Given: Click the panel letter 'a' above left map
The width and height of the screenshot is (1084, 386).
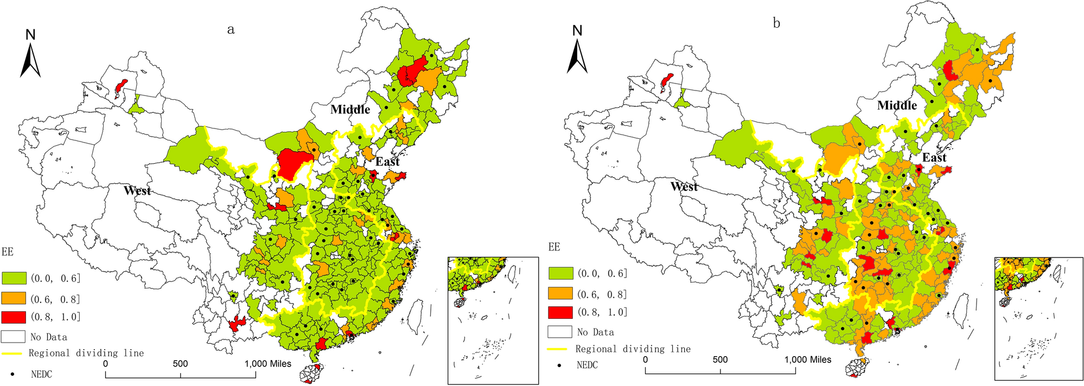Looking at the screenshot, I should pyautogui.click(x=231, y=30).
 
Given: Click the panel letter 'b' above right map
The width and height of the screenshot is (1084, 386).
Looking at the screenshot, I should pyautogui.click(x=776, y=24).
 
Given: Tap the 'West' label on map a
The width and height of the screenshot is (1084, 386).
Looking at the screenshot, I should pyautogui.click(x=137, y=190).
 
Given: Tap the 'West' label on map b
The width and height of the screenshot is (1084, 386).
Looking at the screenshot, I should pyautogui.click(x=684, y=186).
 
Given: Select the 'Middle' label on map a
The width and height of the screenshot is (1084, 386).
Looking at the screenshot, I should pyautogui.click(x=350, y=110).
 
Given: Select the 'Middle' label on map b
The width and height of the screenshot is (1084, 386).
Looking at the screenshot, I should pyautogui.click(x=897, y=105).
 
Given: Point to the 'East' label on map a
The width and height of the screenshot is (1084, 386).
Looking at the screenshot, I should pyautogui.click(x=387, y=162).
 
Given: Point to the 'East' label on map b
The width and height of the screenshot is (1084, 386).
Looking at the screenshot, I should pyautogui.click(x=934, y=158).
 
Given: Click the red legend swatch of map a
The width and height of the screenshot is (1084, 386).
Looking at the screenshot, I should pyautogui.click(x=14, y=317).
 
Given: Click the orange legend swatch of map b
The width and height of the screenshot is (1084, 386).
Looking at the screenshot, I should pyautogui.click(x=560, y=294).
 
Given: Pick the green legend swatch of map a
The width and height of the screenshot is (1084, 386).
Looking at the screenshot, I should pyautogui.click(x=14, y=278).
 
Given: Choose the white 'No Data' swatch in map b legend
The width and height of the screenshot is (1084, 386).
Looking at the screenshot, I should pyautogui.click(x=560, y=332).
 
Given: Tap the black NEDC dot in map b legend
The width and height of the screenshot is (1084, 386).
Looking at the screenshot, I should pyautogui.click(x=559, y=365).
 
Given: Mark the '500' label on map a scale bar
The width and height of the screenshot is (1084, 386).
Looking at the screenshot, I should pyautogui.click(x=180, y=364).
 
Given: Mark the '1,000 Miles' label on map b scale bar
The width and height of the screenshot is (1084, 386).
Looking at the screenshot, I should pyautogui.click(x=808, y=359).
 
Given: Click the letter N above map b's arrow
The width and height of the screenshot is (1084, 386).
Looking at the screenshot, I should pyautogui.click(x=577, y=31).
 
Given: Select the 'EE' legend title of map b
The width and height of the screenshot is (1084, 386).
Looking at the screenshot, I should pyautogui.click(x=554, y=247).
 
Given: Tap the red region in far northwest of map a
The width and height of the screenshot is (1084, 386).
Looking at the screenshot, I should pyautogui.click(x=122, y=87).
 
